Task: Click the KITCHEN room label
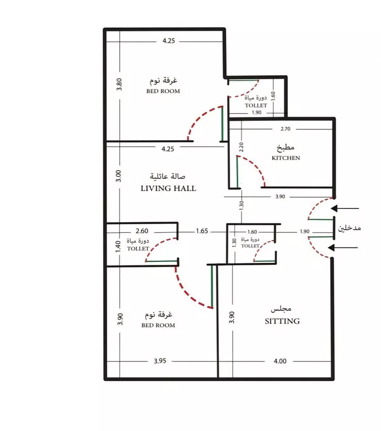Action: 285,158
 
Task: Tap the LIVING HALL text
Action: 168,188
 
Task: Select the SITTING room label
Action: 282,321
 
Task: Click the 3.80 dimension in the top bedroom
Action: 119,84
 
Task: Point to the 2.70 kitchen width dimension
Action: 285,129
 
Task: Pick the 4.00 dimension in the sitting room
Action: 280,361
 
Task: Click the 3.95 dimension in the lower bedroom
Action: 160,361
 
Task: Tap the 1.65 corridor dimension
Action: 202,231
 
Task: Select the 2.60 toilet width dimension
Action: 142,231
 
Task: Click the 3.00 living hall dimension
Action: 118,176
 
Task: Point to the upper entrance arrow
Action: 345,208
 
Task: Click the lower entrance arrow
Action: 343,248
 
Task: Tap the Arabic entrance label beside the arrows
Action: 350,228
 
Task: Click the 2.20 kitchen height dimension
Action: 241,147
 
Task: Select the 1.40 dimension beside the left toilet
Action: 118,247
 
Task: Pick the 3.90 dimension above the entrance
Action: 280,197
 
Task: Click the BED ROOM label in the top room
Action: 163,91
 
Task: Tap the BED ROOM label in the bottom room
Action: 158,325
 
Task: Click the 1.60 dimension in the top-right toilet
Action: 273,96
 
